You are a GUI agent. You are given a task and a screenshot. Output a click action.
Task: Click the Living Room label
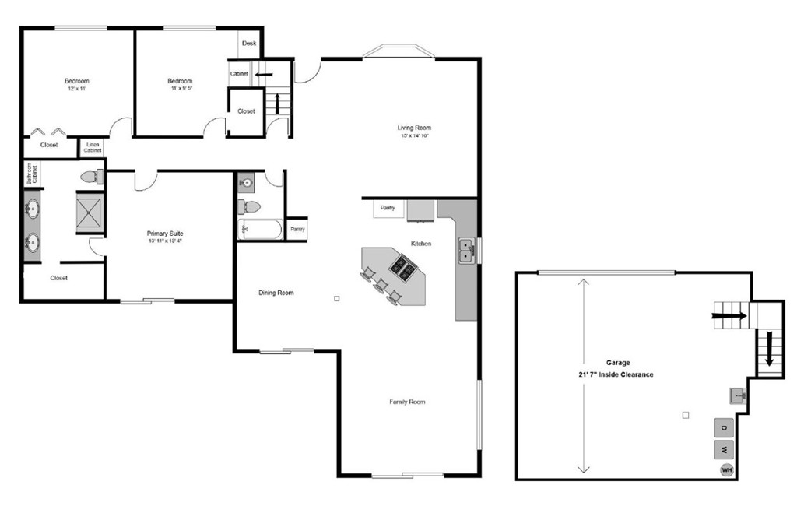[414, 128]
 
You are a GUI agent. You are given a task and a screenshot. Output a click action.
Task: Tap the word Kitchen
[421, 244]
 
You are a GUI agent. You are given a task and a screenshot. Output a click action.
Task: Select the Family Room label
[407, 402]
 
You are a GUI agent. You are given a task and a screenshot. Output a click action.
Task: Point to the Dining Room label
[276, 293]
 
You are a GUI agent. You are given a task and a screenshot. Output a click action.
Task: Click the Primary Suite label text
[164, 233]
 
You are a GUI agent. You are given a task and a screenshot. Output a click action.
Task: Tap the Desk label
[249, 44]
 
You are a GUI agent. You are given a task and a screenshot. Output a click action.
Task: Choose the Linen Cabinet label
[93, 147]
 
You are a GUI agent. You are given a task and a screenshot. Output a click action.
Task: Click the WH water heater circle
[727, 469]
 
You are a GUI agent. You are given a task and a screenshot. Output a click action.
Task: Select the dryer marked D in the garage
[724, 428]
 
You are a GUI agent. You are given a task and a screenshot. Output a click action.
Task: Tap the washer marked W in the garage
[724, 449]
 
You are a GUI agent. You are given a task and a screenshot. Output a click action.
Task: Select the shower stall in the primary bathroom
[90, 211]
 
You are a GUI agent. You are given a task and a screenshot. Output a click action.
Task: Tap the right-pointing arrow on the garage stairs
[729, 316]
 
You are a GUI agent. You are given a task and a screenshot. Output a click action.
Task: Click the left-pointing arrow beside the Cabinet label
[264, 75]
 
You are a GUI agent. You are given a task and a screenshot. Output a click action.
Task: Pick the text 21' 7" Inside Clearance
[609, 374]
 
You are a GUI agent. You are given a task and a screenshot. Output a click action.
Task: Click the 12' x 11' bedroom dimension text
[76, 90]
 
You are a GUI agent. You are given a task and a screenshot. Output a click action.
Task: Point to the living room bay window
[398, 52]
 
